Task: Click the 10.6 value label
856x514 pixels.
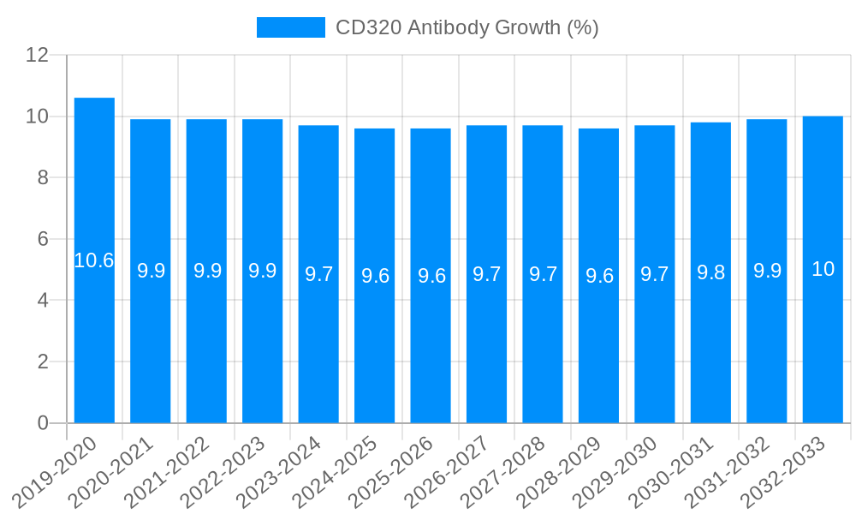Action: point(94,260)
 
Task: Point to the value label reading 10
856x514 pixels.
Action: point(823,269)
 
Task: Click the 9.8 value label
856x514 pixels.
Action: point(711,272)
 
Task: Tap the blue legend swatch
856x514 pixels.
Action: point(291,27)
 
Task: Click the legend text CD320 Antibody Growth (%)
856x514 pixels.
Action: point(467,27)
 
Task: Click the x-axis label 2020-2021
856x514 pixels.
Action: point(112,471)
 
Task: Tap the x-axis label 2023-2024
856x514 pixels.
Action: point(280,471)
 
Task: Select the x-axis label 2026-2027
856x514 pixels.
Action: point(448,471)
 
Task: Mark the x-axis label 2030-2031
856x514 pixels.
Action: point(672,471)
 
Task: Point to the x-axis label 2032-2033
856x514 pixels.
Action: point(784,471)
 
